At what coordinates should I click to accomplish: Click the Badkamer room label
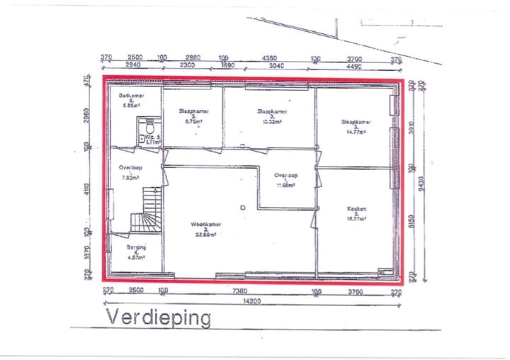click(x=132, y=95)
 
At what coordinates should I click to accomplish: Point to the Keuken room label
click(x=356, y=210)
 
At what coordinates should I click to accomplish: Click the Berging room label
click(x=136, y=247)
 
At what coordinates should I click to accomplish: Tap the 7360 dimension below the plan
click(x=240, y=291)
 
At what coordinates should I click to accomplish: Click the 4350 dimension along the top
click(x=269, y=58)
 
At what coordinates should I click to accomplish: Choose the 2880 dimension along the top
click(x=193, y=58)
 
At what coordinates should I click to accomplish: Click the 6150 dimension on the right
click(x=409, y=222)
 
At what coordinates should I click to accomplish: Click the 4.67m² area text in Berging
click(x=136, y=258)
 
